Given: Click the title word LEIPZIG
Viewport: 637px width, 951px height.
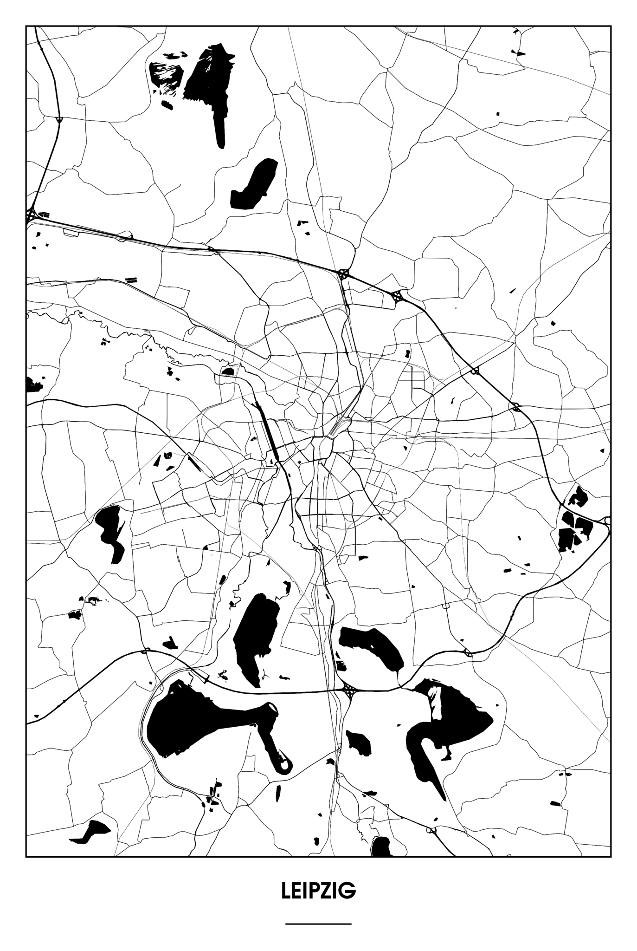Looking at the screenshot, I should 318,891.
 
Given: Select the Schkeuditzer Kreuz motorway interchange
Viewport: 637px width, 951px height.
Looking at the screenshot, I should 32,215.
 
